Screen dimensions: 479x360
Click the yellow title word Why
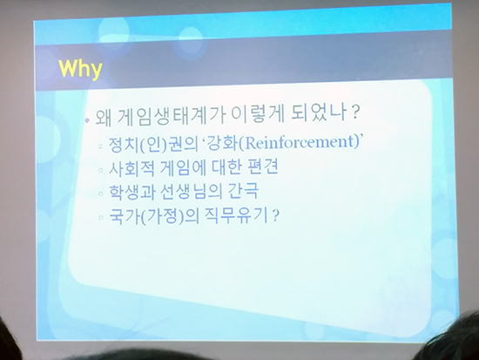coord(80,70)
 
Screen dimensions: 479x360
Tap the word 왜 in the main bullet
coord(104,118)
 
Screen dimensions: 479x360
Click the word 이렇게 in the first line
coord(258,114)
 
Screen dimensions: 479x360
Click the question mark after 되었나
coord(354,112)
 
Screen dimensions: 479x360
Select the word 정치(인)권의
coord(153,145)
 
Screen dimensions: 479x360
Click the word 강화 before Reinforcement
coord(221,144)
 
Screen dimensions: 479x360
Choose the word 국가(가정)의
coord(153,216)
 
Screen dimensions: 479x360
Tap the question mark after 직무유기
coord(275,216)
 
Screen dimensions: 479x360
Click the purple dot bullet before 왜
coord(87,120)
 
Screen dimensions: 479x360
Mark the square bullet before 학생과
coord(101,194)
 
